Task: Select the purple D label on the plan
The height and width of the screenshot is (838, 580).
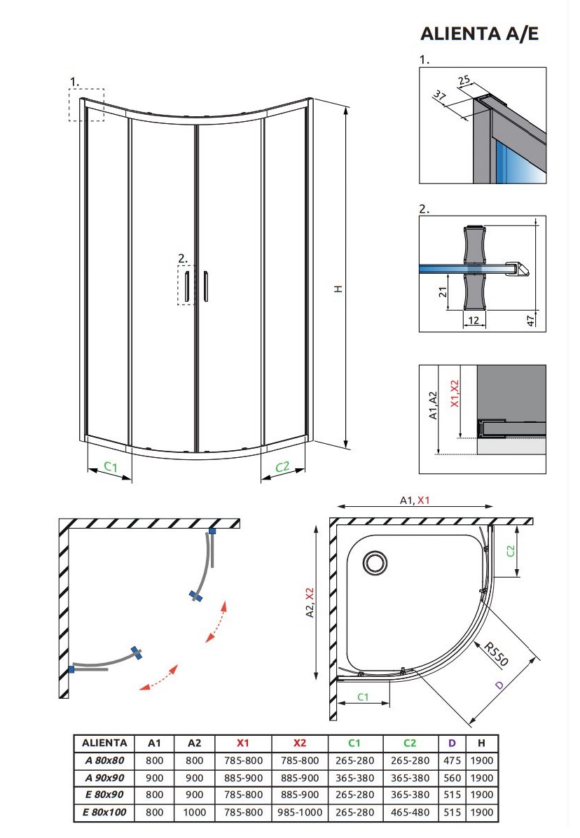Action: click(499, 685)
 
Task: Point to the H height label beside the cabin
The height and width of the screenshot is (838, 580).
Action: click(338, 288)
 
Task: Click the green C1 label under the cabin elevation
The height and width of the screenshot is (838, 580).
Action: click(110, 466)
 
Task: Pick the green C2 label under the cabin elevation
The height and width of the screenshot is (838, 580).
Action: click(281, 467)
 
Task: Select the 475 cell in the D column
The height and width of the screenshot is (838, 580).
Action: click(453, 760)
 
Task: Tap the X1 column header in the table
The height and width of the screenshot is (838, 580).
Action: click(243, 743)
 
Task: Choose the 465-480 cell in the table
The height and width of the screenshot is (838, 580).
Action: click(410, 812)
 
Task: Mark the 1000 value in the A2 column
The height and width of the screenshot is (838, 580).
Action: click(195, 812)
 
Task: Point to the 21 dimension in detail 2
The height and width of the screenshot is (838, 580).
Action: click(442, 292)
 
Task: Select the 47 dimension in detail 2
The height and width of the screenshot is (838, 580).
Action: click(530, 319)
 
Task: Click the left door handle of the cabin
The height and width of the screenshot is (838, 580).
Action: click(188, 286)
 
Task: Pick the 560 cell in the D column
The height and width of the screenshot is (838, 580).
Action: click(453, 778)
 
